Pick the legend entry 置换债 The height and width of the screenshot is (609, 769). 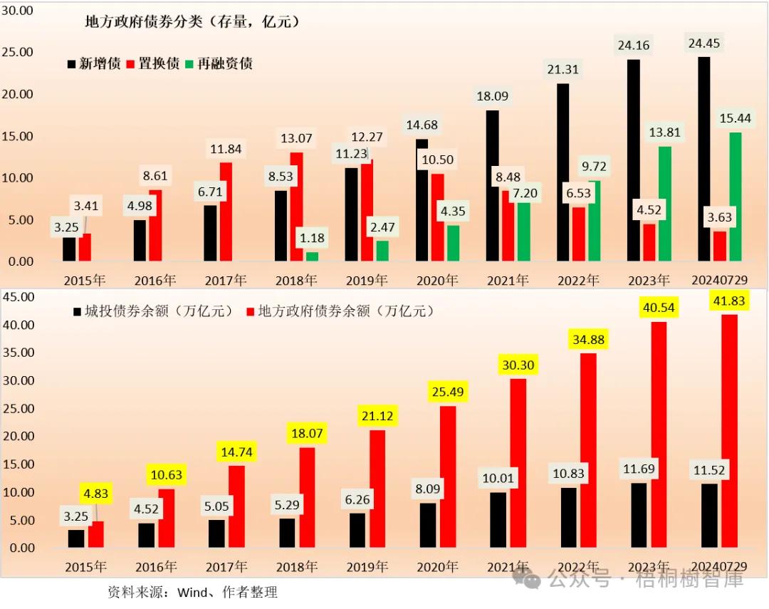(x=152, y=63)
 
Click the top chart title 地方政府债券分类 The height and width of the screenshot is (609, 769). (x=192, y=21)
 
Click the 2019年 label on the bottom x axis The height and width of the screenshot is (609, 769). (x=367, y=568)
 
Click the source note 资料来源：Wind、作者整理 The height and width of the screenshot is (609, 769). (x=192, y=592)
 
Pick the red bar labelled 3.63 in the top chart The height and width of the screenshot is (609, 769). (x=720, y=246)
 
